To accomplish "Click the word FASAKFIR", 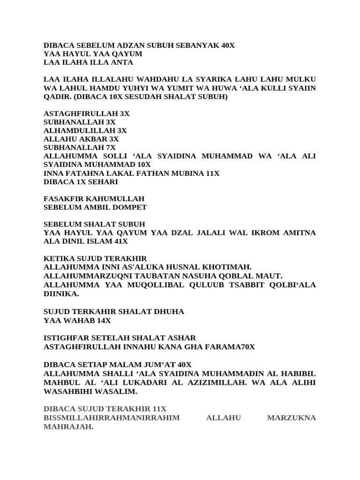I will coord(64,199).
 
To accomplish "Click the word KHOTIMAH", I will coord(225,267).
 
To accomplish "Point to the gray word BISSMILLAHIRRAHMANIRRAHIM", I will coord(111,418).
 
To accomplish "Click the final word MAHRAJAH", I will coord(68,427).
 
